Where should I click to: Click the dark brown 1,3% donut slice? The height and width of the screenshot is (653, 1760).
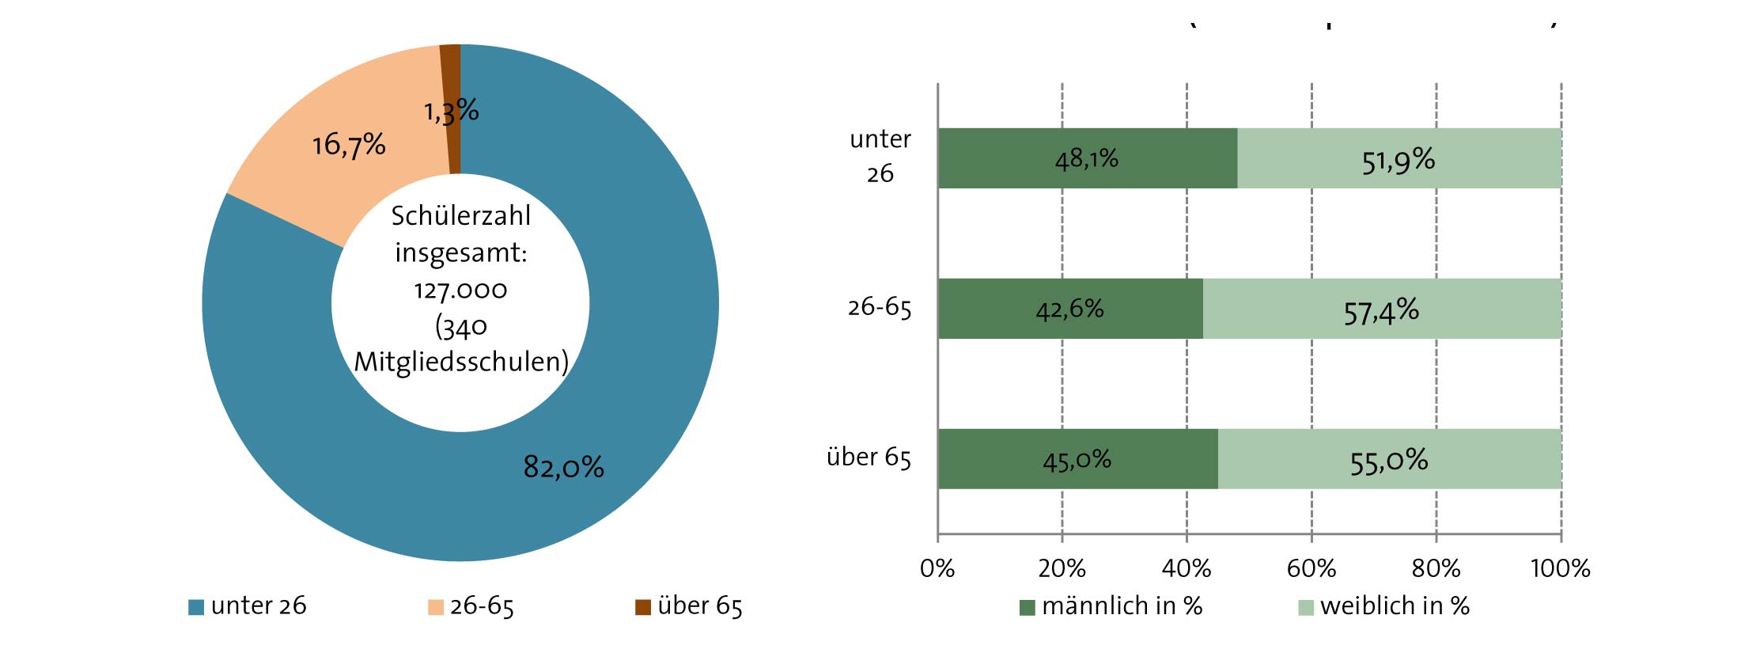tap(452, 79)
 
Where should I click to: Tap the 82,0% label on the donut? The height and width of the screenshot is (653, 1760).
tap(563, 467)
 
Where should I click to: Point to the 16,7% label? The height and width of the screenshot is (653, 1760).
tap(349, 145)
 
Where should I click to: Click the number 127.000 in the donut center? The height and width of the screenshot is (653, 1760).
tap(460, 290)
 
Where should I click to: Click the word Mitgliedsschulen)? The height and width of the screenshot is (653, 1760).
tap(461, 362)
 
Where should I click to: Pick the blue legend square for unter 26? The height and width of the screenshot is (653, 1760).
tap(196, 607)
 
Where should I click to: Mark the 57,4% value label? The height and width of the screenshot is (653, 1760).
tap(1381, 312)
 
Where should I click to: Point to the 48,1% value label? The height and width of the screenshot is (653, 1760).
tap(1087, 159)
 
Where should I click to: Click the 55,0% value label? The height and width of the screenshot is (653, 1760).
tap(1389, 461)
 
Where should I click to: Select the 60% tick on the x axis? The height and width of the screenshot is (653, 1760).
tap(1311, 568)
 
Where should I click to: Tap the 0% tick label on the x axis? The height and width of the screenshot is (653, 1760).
tap(937, 568)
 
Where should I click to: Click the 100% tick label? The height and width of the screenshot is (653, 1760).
tap(1561, 568)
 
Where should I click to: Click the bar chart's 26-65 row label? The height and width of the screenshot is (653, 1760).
tap(880, 307)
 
